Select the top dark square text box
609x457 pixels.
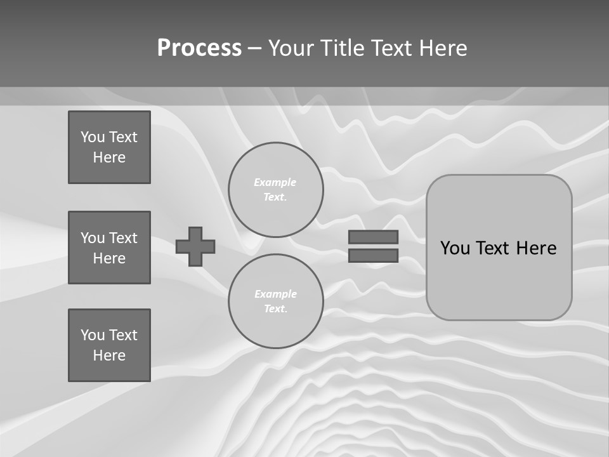(109, 147)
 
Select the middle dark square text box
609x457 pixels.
(109, 248)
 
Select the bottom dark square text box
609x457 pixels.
(109, 345)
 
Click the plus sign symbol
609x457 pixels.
(195, 246)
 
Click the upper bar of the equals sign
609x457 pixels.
(373, 237)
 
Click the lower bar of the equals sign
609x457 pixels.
(373, 255)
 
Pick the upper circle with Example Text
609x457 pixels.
(276, 190)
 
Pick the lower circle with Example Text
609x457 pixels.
(276, 301)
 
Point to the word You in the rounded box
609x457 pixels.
(455, 248)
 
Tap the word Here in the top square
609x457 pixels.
(109, 157)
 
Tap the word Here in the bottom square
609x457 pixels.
(109, 355)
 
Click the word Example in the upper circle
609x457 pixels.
(275, 182)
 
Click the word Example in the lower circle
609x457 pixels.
(275, 294)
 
